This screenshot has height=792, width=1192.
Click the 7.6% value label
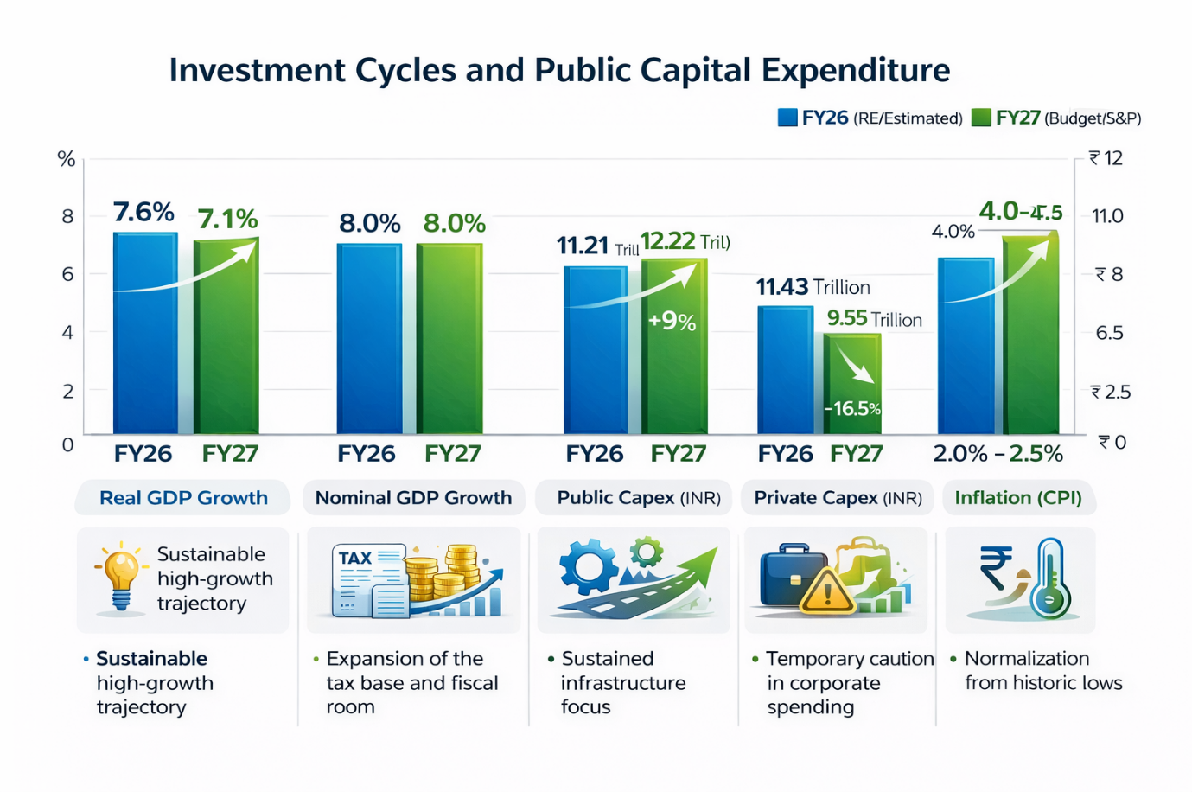(x=143, y=212)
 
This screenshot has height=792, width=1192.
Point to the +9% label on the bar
(x=672, y=322)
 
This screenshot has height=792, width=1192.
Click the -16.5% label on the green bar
(x=852, y=408)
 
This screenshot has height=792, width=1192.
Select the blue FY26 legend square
(x=787, y=118)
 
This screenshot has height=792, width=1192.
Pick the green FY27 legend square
(x=981, y=118)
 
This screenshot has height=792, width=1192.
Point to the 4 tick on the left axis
(x=67, y=332)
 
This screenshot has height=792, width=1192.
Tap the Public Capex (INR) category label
(x=639, y=498)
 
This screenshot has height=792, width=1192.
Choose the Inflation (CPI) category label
(x=1018, y=498)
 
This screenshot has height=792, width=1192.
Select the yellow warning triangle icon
(x=827, y=592)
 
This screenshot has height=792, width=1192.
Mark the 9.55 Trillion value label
(x=874, y=319)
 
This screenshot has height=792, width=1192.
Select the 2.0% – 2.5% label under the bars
(x=998, y=454)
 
